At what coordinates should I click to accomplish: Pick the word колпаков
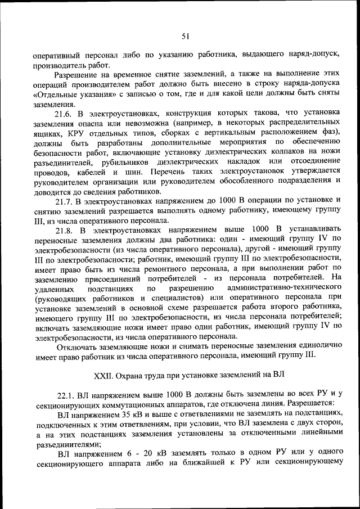[293, 151]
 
